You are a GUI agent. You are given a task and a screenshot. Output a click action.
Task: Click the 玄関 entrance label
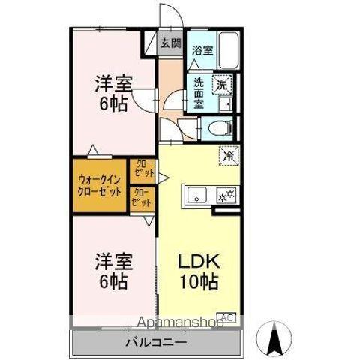(x=170, y=43)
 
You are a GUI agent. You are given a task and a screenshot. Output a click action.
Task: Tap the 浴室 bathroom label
(x=201, y=51)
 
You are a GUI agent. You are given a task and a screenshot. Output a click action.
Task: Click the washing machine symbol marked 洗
(x=223, y=84)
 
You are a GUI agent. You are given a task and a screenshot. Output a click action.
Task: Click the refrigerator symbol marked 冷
(x=226, y=156)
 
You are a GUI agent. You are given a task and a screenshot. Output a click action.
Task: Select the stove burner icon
(x=224, y=197)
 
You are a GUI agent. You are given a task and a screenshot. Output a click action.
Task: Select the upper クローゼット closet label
(x=143, y=169)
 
